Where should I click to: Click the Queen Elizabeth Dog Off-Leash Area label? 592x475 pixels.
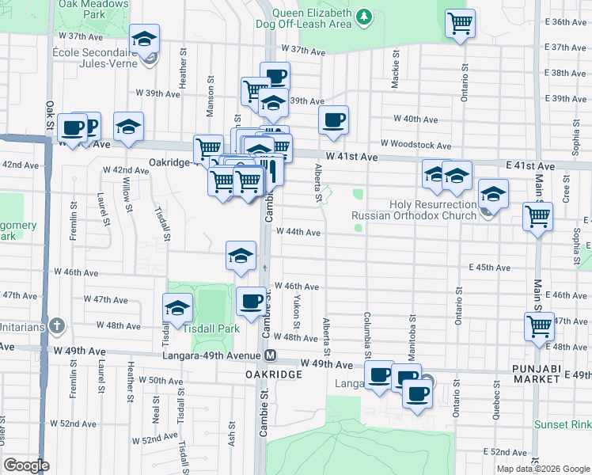pos(311,18)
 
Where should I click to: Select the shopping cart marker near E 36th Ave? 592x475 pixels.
pos(460,22)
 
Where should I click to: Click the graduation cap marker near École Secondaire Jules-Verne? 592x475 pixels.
pos(145,38)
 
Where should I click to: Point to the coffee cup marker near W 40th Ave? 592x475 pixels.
pos(333,120)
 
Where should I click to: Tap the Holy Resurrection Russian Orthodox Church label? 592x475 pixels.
pos(415,210)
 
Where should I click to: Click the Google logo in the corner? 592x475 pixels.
pos(26,465)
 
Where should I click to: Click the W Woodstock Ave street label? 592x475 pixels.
pos(415,145)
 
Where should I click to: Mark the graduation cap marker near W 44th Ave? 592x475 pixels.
pos(241,256)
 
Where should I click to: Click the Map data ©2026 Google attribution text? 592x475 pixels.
pos(543,469)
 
